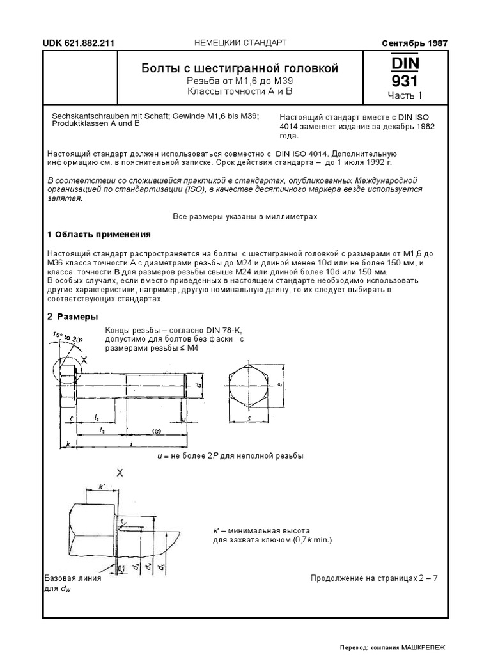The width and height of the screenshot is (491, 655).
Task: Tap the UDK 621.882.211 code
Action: tap(79, 43)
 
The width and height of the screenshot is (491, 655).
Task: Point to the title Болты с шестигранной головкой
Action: tap(239, 68)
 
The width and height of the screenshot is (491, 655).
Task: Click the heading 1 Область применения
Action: tap(99, 233)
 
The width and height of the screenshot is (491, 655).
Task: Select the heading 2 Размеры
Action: tap(73, 317)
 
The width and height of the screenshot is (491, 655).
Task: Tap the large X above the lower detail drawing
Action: tap(119, 473)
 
